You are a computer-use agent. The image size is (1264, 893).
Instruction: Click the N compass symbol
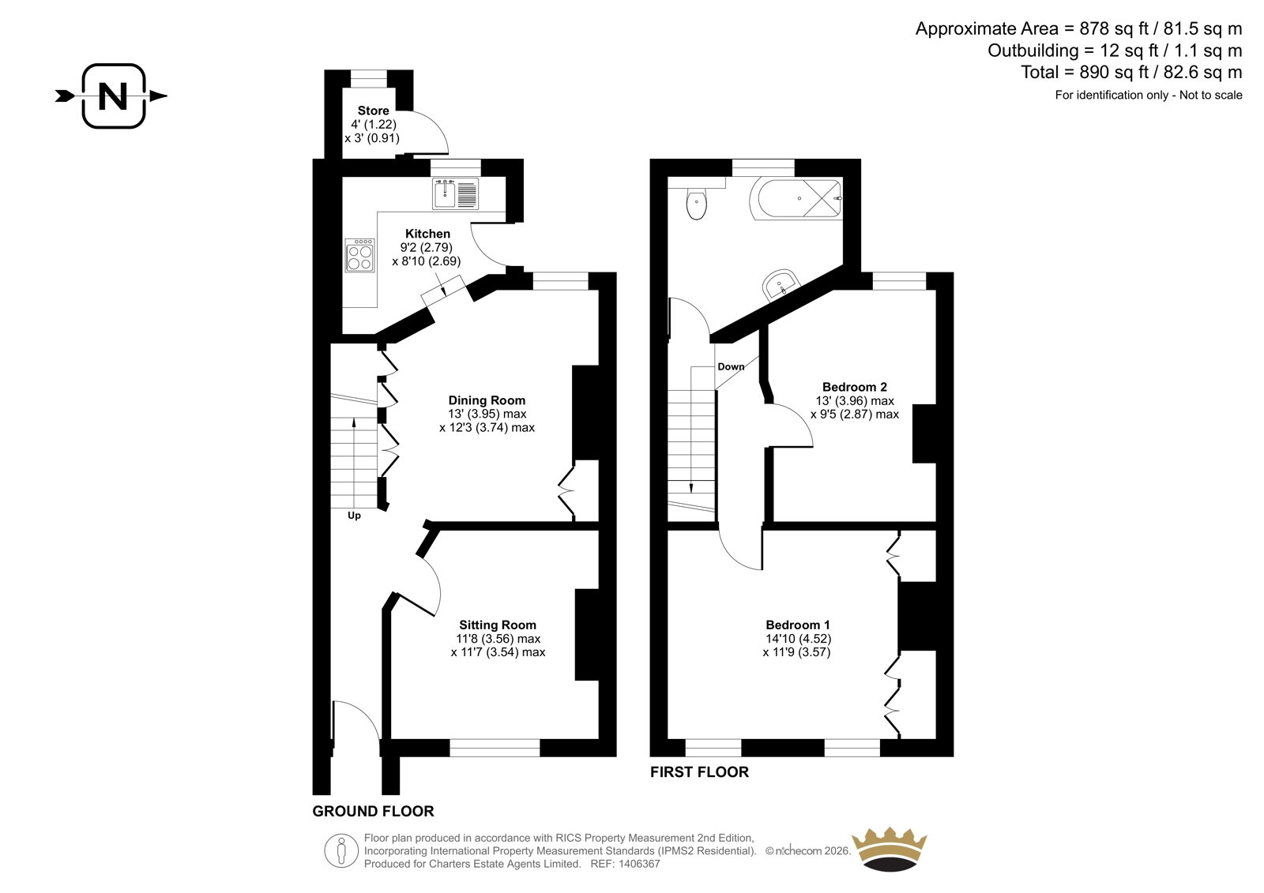point(113,96)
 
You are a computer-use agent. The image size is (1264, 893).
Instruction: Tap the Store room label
point(373,111)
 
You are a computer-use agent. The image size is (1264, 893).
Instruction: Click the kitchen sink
point(455,193)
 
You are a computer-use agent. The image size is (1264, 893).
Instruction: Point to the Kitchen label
point(427,234)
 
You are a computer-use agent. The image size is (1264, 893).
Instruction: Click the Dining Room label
point(487,400)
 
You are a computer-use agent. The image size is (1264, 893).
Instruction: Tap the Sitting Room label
point(498,625)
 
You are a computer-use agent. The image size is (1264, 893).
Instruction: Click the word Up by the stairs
point(354,516)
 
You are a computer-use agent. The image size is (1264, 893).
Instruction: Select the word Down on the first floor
point(731,366)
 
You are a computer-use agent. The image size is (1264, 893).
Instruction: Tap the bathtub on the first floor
point(796,198)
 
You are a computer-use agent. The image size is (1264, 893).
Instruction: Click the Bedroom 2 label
point(854,387)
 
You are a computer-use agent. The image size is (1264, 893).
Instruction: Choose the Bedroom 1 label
point(797,625)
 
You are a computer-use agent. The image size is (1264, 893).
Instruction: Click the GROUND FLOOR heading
point(373,811)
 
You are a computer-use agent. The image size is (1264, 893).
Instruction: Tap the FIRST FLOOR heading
point(699,771)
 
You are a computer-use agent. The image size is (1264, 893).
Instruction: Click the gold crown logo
point(890,850)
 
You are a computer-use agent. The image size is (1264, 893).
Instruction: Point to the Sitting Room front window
point(495,748)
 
